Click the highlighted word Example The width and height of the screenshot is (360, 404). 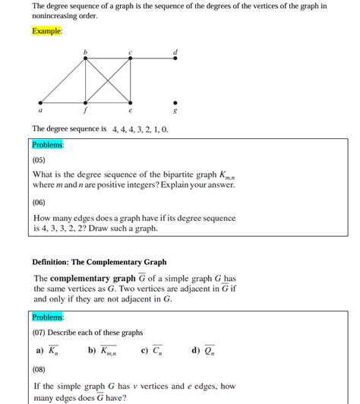pyautogui.click(x=47, y=31)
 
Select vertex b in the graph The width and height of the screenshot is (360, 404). pyautogui.click(x=85, y=58)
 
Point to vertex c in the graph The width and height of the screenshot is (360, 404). pyautogui.click(x=130, y=58)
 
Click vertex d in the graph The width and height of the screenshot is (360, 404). pyautogui.click(x=175, y=58)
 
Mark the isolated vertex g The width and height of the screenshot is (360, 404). pyautogui.click(x=175, y=103)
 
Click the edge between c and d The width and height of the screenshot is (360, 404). pyautogui.click(x=153, y=58)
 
